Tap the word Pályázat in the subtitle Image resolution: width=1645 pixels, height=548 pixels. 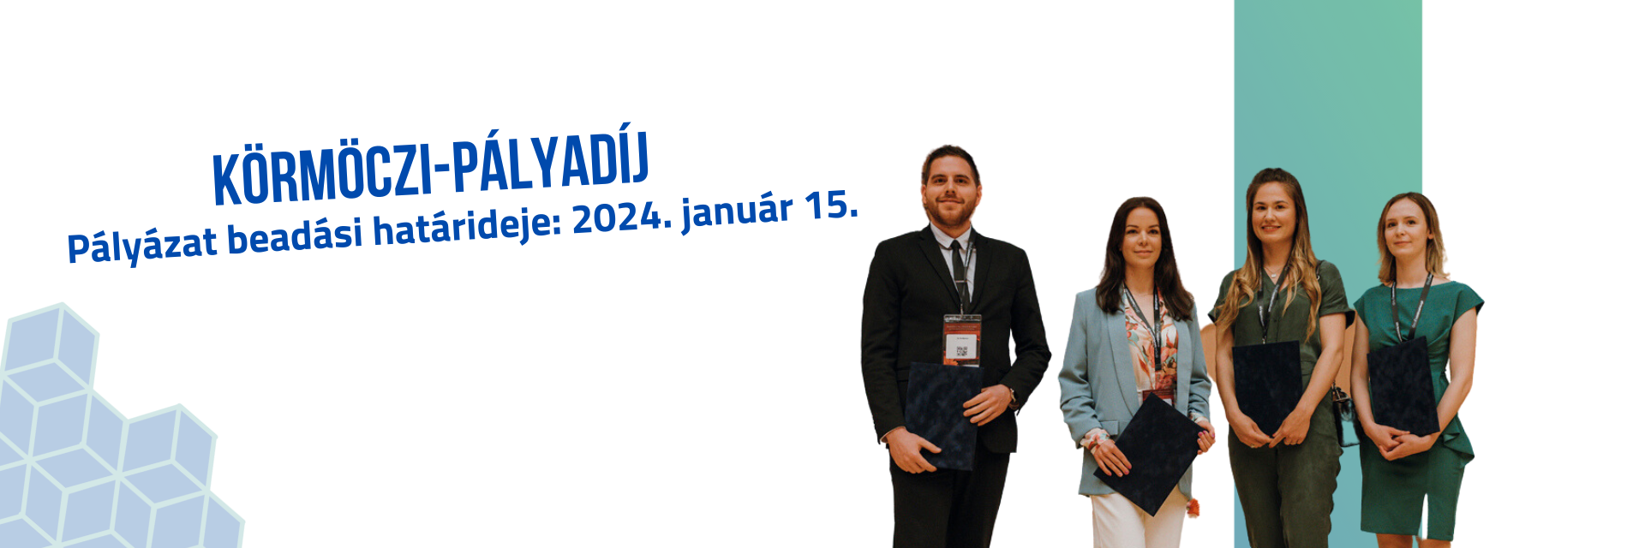[142, 245]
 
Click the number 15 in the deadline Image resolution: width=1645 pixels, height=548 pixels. [830, 203]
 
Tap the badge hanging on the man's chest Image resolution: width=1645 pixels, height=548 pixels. [962, 340]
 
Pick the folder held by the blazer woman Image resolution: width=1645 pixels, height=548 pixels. [1147, 454]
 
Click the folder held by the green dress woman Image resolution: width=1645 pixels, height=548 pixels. [1403, 386]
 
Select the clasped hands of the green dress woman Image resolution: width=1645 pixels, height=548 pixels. [1404, 444]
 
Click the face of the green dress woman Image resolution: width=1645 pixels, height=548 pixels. [1409, 229]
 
